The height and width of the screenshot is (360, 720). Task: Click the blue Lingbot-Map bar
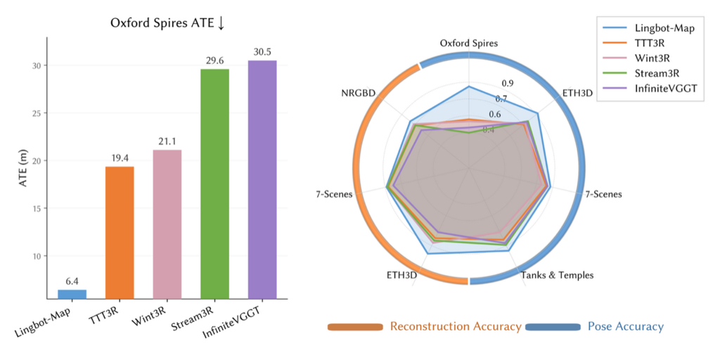[72, 294]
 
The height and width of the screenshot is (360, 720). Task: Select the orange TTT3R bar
[120, 232]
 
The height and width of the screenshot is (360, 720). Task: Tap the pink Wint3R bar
[167, 224]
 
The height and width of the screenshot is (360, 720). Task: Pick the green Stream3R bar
[214, 183]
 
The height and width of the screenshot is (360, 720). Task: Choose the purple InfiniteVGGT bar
[262, 179]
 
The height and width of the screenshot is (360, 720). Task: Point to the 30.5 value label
[262, 53]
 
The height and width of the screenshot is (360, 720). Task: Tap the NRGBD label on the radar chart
[359, 91]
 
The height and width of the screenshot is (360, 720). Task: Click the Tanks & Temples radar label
[558, 275]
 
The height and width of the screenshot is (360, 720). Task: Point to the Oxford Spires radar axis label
[469, 44]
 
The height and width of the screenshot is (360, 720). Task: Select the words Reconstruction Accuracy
[456, 326]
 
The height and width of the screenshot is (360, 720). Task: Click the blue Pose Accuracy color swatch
[553, 327]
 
